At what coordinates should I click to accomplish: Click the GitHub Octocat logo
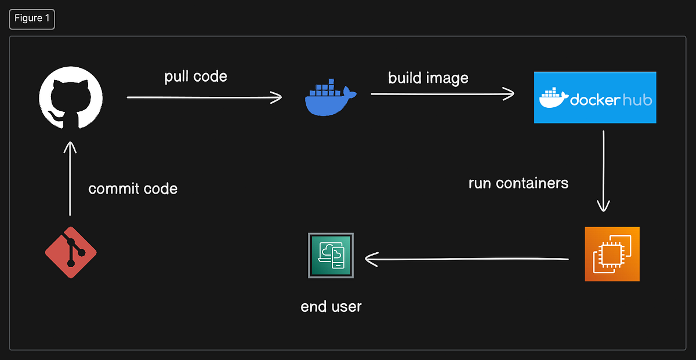[x=71, y=96]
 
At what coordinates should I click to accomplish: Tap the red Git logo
[x=71, y=252]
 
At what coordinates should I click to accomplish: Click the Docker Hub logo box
[x=595, y=97]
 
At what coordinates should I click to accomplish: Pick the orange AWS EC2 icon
[x=612, y=254]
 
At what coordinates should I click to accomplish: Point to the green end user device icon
[x=331, y=256]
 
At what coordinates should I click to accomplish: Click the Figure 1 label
[x=32, y=19]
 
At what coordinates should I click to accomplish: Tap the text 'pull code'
[x=195, y=77]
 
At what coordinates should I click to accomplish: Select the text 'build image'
[x=428, y=78]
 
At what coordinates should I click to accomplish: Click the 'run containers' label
[x=518, y=183]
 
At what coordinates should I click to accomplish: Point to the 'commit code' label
[x=133, y=188]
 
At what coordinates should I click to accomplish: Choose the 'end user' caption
[x=331, y=306]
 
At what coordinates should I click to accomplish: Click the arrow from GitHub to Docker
[x=204, y=97]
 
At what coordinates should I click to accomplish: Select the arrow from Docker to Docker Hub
[x=442, y=93]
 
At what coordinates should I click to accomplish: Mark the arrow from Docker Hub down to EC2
[x=604, y=171]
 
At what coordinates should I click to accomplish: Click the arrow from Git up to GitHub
[x=70, y=179]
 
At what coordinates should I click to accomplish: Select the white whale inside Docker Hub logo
[x=553, y=99]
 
